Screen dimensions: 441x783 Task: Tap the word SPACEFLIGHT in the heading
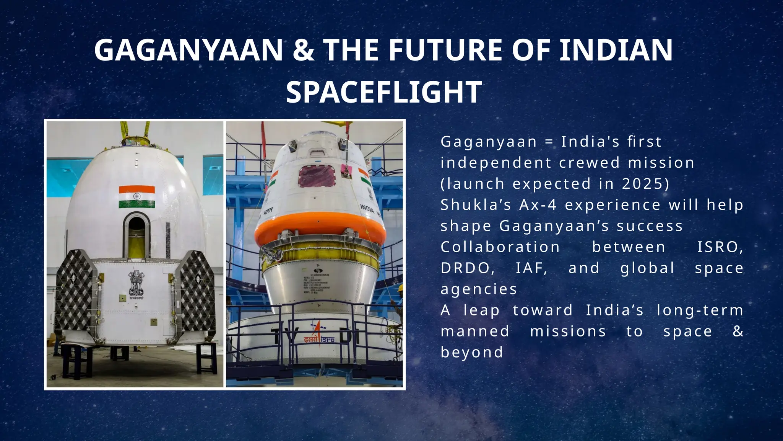pos(383,92)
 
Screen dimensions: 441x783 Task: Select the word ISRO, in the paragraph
pos(720,247)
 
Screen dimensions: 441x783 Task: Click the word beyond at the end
pos(472,352)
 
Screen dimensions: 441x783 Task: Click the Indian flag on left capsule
pos(136,197)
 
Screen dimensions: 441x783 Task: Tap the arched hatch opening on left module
pos(136,235)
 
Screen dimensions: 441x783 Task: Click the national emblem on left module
pos(136,284)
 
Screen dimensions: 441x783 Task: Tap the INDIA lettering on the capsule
pos(367,209)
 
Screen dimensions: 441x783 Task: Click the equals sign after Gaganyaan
pos(549,142)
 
